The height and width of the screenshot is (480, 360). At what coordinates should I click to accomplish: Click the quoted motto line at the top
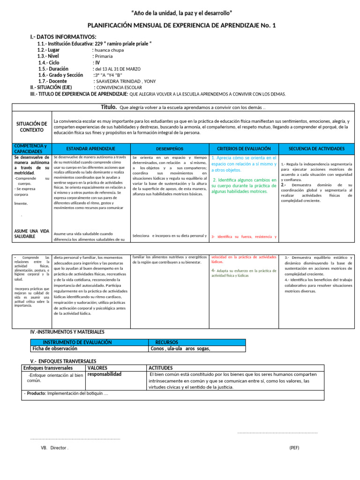180,12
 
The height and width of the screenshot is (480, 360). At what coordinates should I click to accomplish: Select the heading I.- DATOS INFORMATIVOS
63,37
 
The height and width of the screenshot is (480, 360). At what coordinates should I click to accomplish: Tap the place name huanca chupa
109,50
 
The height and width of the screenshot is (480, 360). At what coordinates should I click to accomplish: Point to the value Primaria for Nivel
104,56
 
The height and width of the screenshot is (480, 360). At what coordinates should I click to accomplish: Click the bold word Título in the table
109,107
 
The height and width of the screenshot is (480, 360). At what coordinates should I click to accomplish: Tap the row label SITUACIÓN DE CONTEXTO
31,127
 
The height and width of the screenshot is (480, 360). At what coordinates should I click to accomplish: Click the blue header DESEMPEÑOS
169,149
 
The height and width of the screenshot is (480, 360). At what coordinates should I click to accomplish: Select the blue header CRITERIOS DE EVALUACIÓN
243,149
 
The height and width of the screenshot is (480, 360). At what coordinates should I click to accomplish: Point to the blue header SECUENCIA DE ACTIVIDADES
317,149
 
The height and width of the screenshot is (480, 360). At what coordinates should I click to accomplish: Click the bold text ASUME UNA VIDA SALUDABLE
31,234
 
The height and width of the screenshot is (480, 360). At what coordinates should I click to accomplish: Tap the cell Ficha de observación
55,348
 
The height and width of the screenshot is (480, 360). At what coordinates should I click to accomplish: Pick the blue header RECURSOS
167,342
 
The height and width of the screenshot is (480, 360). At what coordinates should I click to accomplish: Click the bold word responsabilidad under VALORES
105,374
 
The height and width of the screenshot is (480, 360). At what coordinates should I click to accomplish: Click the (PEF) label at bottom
294,448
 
